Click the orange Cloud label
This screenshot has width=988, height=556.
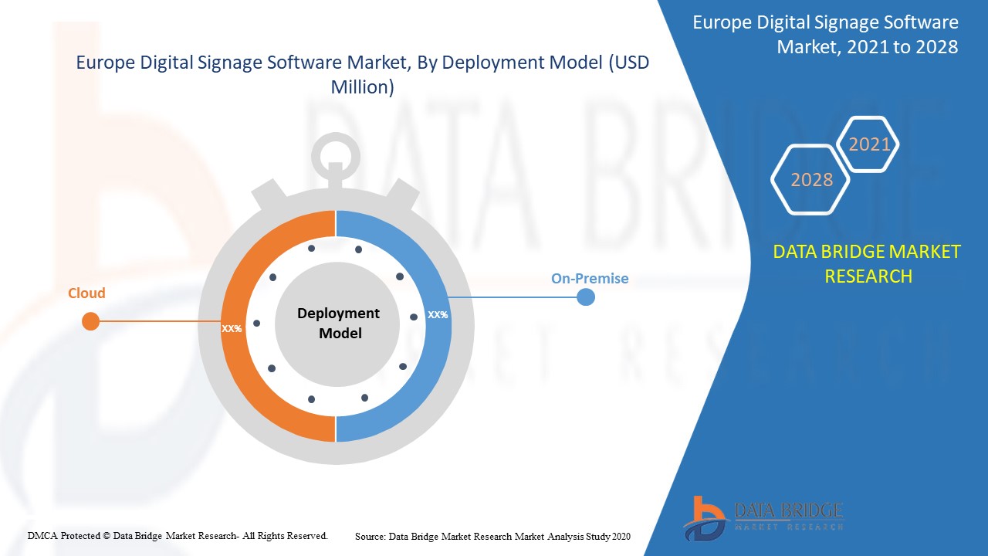tap(86, 293)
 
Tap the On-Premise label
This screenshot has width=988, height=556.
tap(590, 278)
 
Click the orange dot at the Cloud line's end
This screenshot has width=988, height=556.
tap(91, 321)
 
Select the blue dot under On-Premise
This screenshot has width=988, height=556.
tap(586, 297)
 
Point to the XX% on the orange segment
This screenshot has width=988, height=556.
tap(232, 328)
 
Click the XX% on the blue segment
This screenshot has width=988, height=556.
tap(438, 315)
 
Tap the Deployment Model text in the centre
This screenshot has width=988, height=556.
tap(338, 323)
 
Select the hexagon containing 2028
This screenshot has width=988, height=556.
tap(810, 179)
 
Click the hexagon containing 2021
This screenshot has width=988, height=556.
tap(869, 144)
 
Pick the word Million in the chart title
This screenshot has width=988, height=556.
tap(362, 87)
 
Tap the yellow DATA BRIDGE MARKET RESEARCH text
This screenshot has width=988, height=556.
tap(868, 263)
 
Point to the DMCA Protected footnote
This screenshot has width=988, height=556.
tap(178, 535)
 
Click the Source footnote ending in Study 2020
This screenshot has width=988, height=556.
tap(492, 535)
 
